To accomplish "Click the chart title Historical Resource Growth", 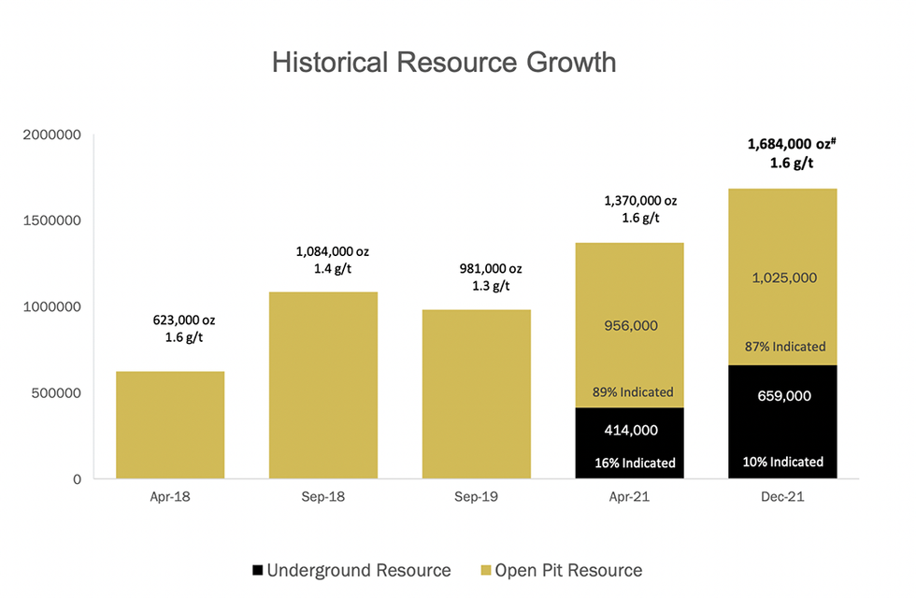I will pyautogui.click(x=444, y=63).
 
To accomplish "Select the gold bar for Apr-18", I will pyautogui.click(x=170, y=425).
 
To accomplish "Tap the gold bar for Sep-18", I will pyautogui.click(x=323, y=385).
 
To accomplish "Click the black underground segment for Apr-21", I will pyautogui.click(x=630, y=444).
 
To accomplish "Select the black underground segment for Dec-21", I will pyautogui.click(x=783, y=422).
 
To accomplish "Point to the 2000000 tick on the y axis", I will pyautogui.click(x=58, y=135).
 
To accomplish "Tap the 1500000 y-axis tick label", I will pyautogui.click(x=58, y=221).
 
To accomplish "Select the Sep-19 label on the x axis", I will pyautogui.click(x=477, y=497).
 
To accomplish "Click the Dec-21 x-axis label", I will pyautogui.click(x=783, y=497).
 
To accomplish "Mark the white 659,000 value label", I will pyautogui.click(x=783, y=395).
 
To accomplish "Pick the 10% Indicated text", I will pyautogui.click(x=783, y=462).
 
